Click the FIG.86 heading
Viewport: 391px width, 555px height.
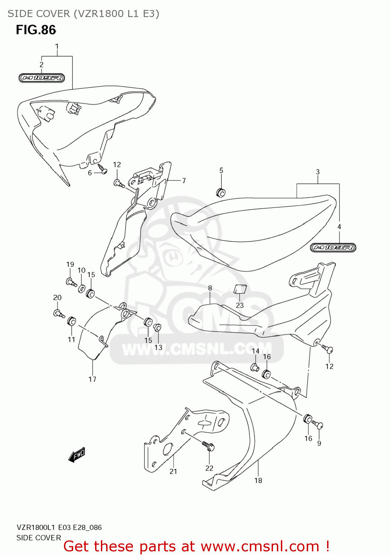tap(36, 30)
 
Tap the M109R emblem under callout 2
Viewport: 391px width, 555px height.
tap(42, 78)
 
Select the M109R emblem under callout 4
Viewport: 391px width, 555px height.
tap(333, 248)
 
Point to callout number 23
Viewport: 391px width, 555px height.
tap(240, 305)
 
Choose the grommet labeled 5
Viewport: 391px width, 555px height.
tap(221, 192)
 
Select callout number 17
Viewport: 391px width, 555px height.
tap(92, 379)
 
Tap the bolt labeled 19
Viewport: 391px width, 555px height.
tap(71, 282)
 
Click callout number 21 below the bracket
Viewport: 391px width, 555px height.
tap(173, 471)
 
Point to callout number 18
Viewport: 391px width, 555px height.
tap(258, 480)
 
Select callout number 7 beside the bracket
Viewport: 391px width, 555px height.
tap(184, 181)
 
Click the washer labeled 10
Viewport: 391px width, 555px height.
tap(82, 287)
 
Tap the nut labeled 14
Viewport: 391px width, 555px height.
tap(255, 367)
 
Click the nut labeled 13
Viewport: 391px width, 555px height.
tap(157, 327)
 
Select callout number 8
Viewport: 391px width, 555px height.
tap(210, 288)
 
